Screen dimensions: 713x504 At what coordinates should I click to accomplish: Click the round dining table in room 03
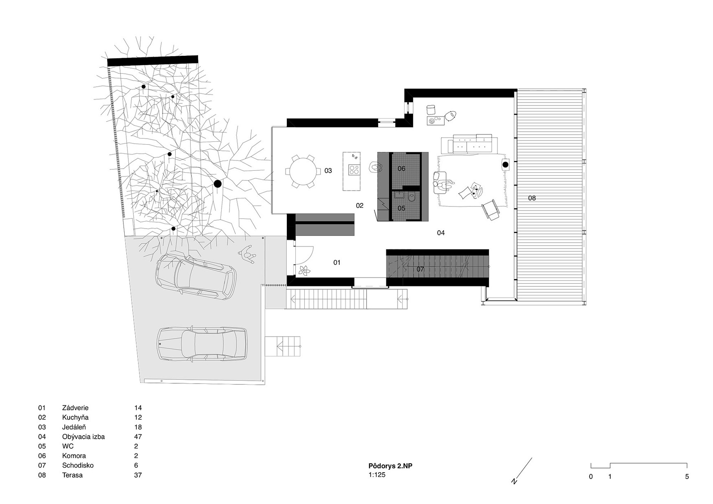[302, 171]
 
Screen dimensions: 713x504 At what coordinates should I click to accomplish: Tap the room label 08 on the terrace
[532, 198]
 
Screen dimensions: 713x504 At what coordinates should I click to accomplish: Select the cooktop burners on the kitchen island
[354, 169]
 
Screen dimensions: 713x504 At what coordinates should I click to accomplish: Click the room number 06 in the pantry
[401, 169]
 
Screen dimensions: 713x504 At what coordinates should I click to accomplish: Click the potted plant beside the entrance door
[304, 270]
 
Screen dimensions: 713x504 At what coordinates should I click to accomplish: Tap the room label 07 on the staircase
[420, 269]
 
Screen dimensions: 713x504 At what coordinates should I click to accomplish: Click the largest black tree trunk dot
[218, 184]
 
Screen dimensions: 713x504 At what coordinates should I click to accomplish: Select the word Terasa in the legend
[73, 475]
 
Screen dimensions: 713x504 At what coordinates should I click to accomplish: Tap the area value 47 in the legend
[138, 437]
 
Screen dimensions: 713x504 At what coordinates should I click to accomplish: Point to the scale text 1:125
[377, 475]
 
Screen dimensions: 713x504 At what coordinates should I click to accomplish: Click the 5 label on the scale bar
[687, 477]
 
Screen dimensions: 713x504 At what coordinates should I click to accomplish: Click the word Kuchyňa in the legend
[75, 418]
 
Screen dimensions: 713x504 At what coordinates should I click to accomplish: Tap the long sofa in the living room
[470, 144]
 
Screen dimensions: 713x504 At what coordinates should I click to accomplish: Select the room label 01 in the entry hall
[337, 263]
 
